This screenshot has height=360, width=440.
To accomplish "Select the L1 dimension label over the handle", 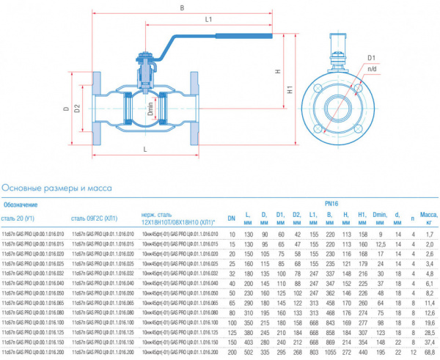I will [208, 20].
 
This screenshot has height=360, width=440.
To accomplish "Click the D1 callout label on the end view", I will [371, 56].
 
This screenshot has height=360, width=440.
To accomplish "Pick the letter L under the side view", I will [144, 149].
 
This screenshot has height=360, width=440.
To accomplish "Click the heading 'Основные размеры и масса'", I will [57, 188].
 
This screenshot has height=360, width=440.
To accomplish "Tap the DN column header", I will [231, 218].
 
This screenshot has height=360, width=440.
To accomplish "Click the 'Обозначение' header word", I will [21, 205].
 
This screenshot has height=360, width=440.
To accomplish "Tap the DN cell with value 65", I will [231, 301].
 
